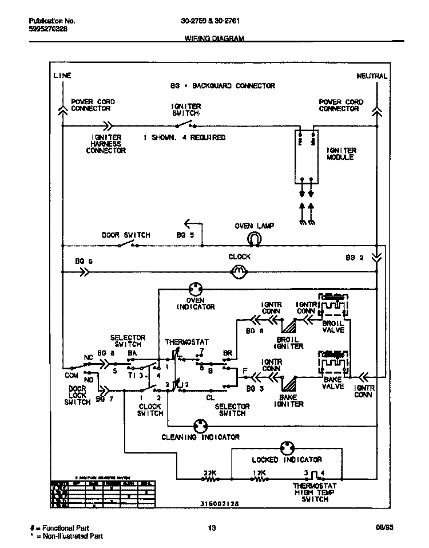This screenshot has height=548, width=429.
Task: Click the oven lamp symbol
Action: click(254, 239)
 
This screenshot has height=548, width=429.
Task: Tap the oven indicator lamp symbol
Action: click(196, 290)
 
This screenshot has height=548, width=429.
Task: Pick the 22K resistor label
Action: click(210, 473)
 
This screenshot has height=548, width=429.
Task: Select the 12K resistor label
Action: click(259, 473)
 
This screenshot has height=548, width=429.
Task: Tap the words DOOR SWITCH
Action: click(126, 235)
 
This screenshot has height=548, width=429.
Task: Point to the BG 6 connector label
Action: click(83, 261)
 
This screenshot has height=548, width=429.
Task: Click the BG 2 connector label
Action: click(354, 258)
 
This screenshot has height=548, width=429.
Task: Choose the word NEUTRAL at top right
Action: click(372, 76)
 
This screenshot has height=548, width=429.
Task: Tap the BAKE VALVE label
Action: click(332, 383)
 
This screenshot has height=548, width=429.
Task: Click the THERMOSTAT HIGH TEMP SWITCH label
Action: click(314, 492)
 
